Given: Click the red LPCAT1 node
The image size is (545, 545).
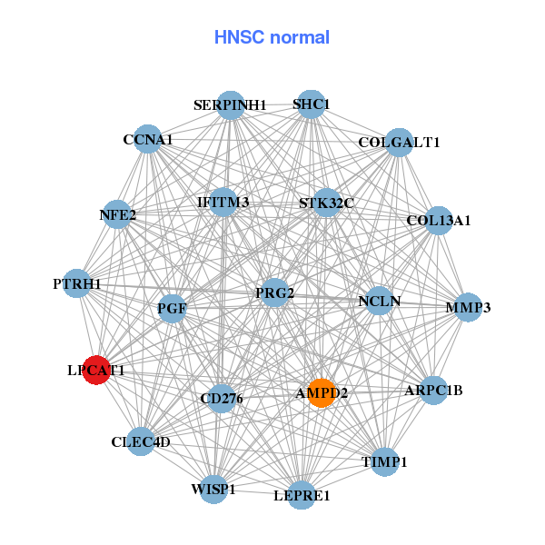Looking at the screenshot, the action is point(96,371).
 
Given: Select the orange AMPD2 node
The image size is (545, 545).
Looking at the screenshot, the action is point(321,393).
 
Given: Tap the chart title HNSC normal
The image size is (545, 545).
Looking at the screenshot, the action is point(272,37).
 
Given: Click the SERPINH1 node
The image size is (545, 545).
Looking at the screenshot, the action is point(231,105).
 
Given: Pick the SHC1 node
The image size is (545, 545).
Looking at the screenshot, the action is point(311,104).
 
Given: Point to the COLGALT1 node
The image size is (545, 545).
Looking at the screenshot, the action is point(399,143).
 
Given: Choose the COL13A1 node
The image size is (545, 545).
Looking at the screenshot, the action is point(439,220).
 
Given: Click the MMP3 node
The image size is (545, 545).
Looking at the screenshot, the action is point(468,308).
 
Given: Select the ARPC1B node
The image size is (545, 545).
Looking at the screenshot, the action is point(433,391).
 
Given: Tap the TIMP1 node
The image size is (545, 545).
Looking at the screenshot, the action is point(385,461).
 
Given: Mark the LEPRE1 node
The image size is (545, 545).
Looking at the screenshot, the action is point(302,495).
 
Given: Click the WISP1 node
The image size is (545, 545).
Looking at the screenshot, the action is point(213,489).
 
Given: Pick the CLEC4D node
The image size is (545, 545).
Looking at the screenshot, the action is point(141,441).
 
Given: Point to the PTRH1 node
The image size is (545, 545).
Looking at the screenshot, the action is point(77,284).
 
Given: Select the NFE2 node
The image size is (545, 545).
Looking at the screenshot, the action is point(118,215).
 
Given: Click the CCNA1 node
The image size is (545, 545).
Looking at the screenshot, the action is point(148,140).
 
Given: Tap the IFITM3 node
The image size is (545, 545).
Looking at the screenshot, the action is point(223,202).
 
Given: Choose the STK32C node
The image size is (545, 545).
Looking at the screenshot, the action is point(327,203).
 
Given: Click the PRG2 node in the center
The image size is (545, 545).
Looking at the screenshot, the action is point(274,293).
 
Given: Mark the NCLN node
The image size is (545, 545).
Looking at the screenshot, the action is point(379,301).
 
